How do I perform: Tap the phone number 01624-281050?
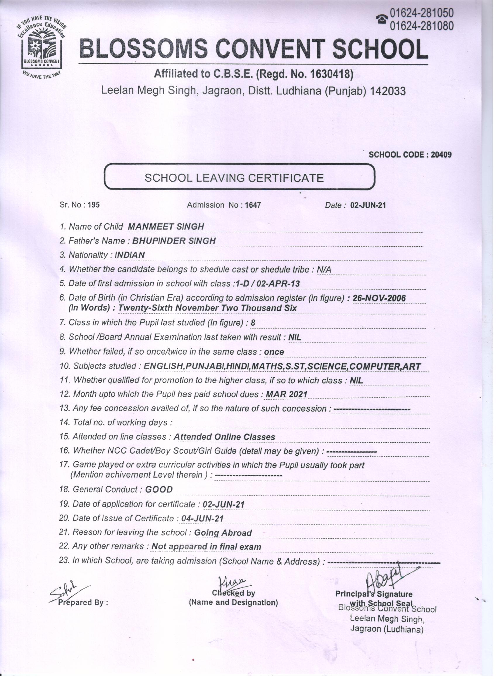422,13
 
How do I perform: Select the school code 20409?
441,155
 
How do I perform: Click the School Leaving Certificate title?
234,178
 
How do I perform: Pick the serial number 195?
94,205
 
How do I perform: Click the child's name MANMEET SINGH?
166,226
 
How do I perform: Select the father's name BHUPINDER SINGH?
174,241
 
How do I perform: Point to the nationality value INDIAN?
130,255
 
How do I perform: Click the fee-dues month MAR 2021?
286,394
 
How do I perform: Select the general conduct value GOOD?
159,489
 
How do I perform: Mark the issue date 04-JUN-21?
202,519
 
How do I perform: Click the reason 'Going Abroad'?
223,533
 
